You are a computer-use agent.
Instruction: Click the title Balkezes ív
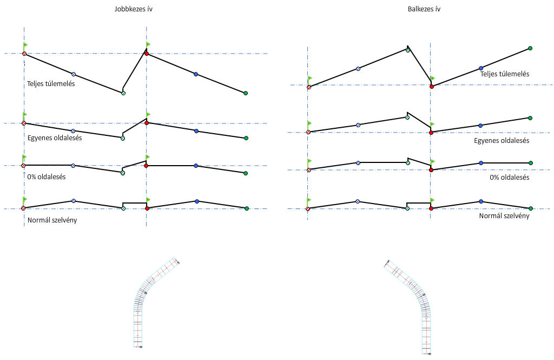pyautogui.click(x=423, y=9)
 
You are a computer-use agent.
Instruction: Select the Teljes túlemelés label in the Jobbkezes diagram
pyautogui.click(x=51, y=83)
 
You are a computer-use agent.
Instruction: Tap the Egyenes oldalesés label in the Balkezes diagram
pyautogui.click(x=502, y=141)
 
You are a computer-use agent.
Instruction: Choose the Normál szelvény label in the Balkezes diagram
pyautogui.click(x=504, y=215)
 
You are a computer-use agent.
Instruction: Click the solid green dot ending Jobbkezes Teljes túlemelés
pyautogui.click(x=246, y=93)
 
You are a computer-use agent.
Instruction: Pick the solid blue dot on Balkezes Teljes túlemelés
pyautogui.click(x=480, y=68)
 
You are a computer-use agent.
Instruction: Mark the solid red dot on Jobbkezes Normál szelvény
pyautogui.click(x=147, y=208)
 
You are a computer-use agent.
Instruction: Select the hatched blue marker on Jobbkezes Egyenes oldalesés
pyautogui.click(x=73, y=131)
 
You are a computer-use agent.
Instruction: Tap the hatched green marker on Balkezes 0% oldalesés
pyautogui.click(x=408, y=162)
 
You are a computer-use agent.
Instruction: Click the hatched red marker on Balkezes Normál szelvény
pyautogui.click(x=308, y=208)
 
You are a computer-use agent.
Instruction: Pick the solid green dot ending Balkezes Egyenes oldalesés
pyautogui.click(x=530, y=117)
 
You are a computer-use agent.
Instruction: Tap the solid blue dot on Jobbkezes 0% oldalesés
pyautogui.click(x=196, y=166)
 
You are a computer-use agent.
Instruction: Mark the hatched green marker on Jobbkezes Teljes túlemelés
pyautogui.click(x=123, y=93)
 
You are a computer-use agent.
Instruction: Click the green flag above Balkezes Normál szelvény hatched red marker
pyautogui.click(x=309, y=199)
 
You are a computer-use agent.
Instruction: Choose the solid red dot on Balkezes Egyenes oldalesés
pyautogui.click(x=431, y=133)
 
